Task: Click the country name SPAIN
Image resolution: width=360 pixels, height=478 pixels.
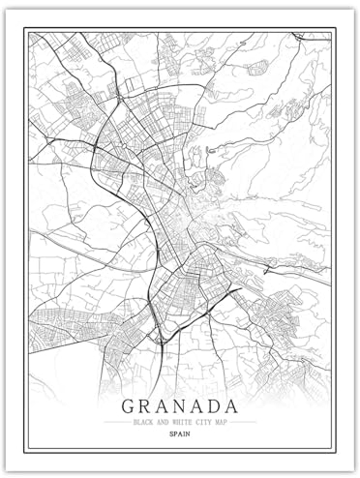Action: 180,436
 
